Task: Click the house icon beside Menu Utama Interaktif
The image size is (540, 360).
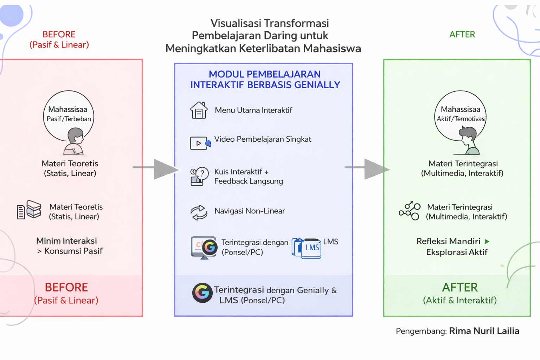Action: [x=199, y=110]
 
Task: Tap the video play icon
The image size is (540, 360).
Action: [x=199, y=143]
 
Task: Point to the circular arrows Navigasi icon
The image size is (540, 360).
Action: [x=199, y=212]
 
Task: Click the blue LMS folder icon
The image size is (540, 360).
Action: [x=307, y=248]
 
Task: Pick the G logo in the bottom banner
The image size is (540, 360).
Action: [x=202, y=292]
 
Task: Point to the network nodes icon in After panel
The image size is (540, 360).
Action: [x=410, y=211]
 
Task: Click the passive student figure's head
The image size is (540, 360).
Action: [x=76, y=136]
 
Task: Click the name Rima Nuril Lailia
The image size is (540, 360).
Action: [x=484, y=331]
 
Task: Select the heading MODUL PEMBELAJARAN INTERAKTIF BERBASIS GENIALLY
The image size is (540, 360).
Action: [x=265, y=79]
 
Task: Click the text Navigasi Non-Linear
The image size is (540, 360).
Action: [x=250, y=211]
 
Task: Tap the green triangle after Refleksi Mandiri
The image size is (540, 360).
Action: [x=487, y=242]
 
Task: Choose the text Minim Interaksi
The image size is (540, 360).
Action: [x=66, y=241]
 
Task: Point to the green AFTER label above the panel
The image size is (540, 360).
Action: [x=462, y=34]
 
